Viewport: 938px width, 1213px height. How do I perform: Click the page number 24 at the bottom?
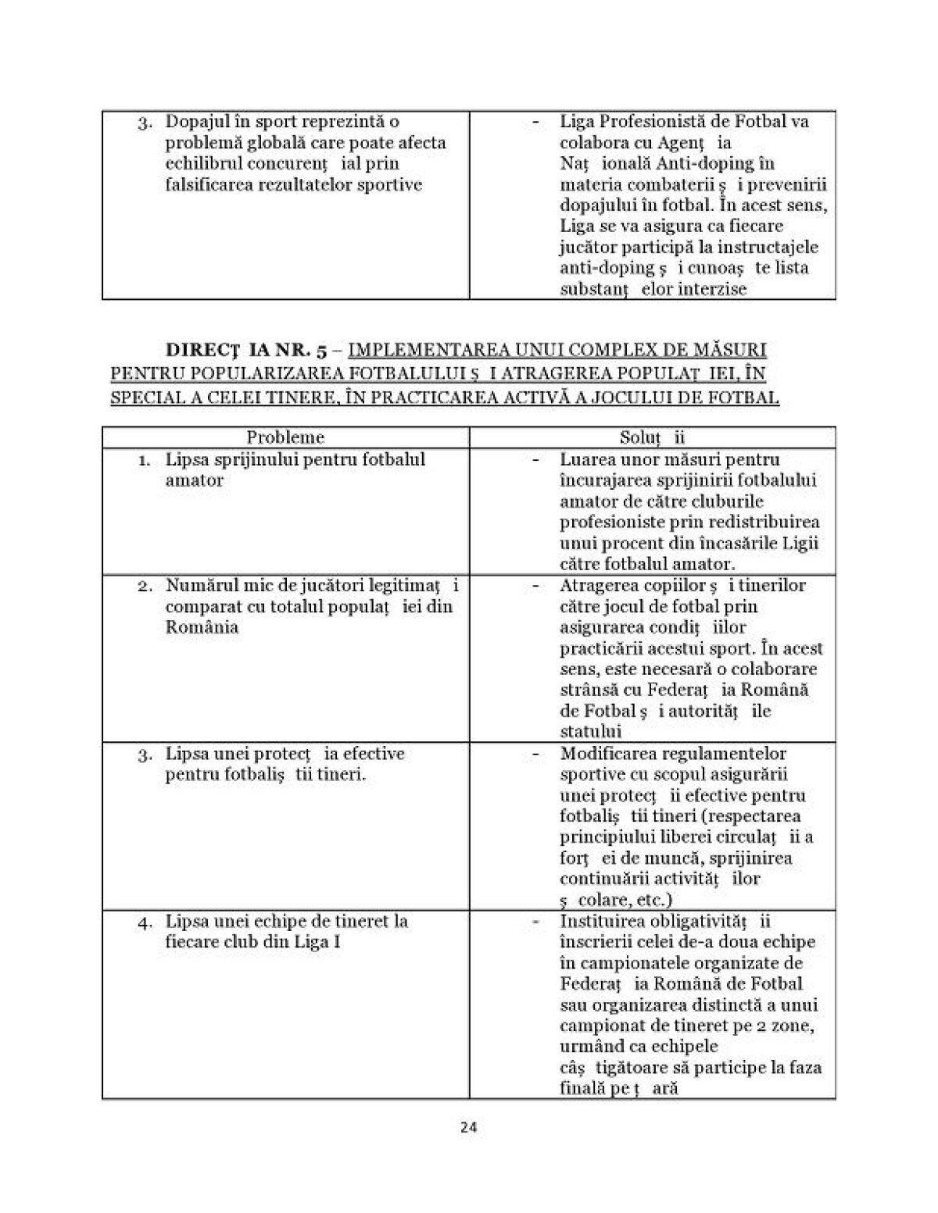pos(469,1127)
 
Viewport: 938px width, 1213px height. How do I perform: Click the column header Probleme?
pos(285,437)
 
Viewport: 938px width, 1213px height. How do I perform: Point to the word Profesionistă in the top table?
pos(659,122)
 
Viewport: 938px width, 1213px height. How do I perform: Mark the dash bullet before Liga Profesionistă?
pos(535,123)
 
